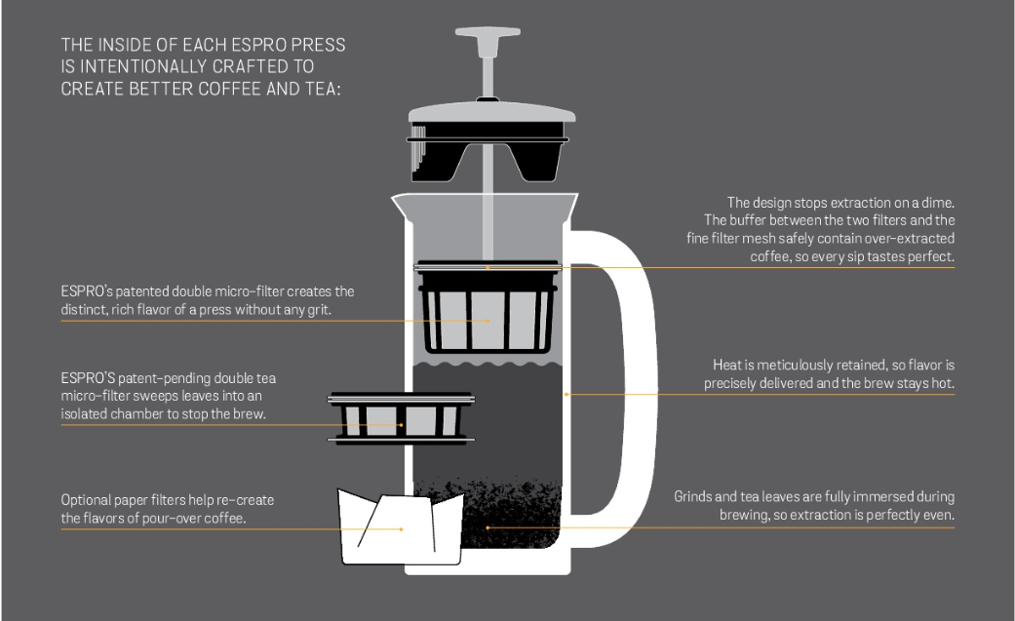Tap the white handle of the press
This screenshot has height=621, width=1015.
pos(638,389)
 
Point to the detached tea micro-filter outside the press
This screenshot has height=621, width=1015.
pos(402,417)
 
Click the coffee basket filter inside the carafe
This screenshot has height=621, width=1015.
pos(488,308)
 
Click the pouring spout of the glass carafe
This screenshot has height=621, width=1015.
pos(403,206)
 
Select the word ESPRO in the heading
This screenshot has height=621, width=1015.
pos(259,45)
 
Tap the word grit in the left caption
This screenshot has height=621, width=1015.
pos(318,310)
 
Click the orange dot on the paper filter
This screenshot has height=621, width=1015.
pos(402,529)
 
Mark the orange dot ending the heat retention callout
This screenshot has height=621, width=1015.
pos(566,394)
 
